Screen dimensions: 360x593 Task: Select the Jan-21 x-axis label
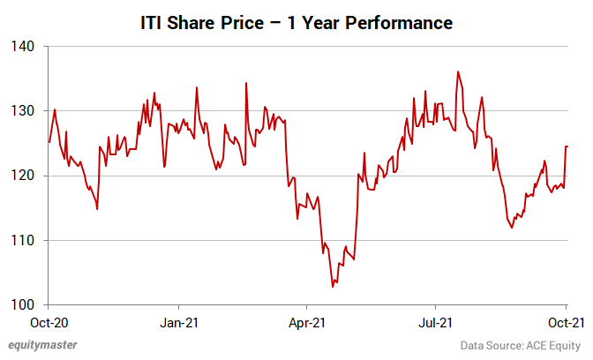pyautogui.click(x=179, y=323)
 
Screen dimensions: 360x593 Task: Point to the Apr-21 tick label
pyautogui.click(x=307, y=323)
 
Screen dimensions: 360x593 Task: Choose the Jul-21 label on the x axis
pyautogui.click(x=437, y=323)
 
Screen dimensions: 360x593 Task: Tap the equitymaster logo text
pyautogui.click(x=43, y=345)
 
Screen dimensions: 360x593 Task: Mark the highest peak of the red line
pyautogui.click(x=458, y=71)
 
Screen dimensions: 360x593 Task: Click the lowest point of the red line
pyautogui.click(x=333, y=287)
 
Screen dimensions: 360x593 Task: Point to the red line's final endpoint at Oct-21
pyautogui.click(x=567, y=146)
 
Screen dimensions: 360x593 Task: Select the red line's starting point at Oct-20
pyautogui.click(x=49, y=142)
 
